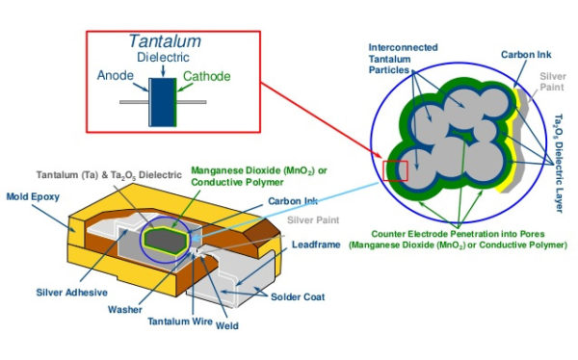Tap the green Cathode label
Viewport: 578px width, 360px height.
[x=206, y=74]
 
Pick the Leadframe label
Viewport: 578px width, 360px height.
[x=316, y=245]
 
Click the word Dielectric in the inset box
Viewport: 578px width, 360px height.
[x=161, y=58]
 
